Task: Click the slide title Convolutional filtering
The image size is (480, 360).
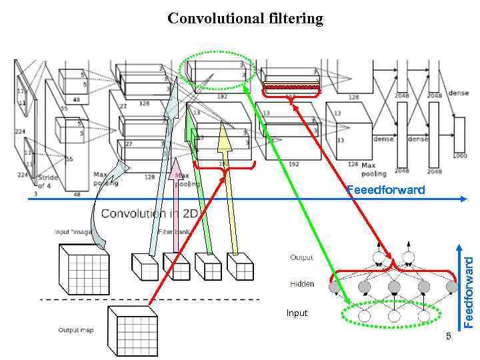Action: tap(245, 18)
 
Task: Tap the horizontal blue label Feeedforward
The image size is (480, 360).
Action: tap(385, 190)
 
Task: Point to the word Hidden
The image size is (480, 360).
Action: tap(302, 284)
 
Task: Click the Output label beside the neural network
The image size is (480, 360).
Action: tap(301, 257)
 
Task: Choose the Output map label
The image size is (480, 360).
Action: tap(75, 330)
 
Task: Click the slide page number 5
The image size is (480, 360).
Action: tap(449, 335)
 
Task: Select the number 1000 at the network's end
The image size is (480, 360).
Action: tap(460, 155)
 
